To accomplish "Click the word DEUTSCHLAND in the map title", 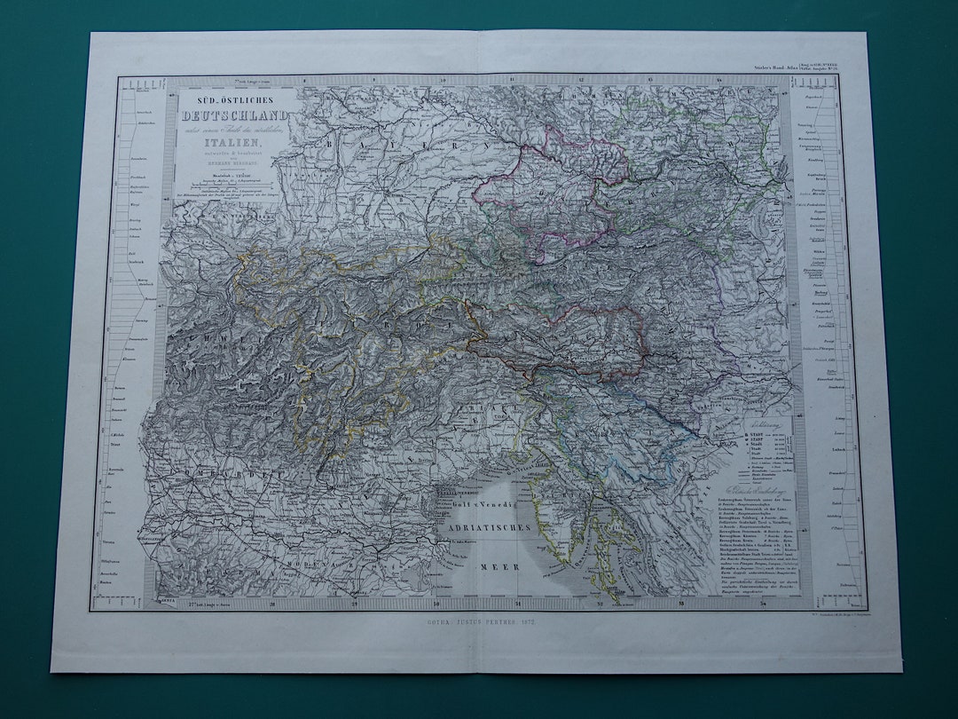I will (235, 115).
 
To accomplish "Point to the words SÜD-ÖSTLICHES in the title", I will (235, 100).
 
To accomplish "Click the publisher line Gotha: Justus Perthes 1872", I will (478, 624).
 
